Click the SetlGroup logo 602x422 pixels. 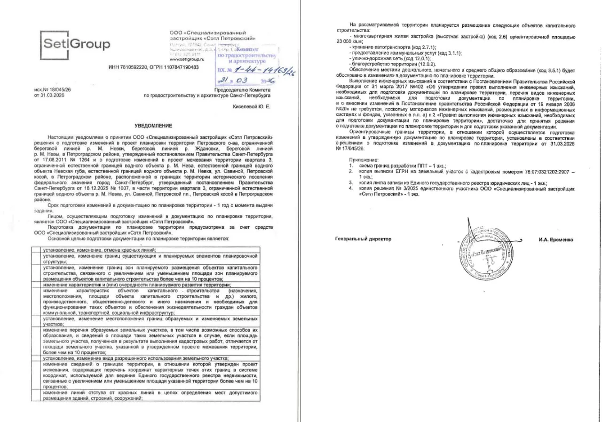(x=76, y=45)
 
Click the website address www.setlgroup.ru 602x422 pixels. (x=187, y=60)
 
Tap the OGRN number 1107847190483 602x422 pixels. (x=180, y=67)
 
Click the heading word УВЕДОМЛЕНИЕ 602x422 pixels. (x=153, y=126)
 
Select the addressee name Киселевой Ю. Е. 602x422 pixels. (x=252, y=107)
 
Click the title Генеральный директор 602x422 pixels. (x=363, y=239)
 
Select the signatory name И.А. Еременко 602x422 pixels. (x=556, y=239)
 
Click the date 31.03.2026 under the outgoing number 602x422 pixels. (x=49, y=95)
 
